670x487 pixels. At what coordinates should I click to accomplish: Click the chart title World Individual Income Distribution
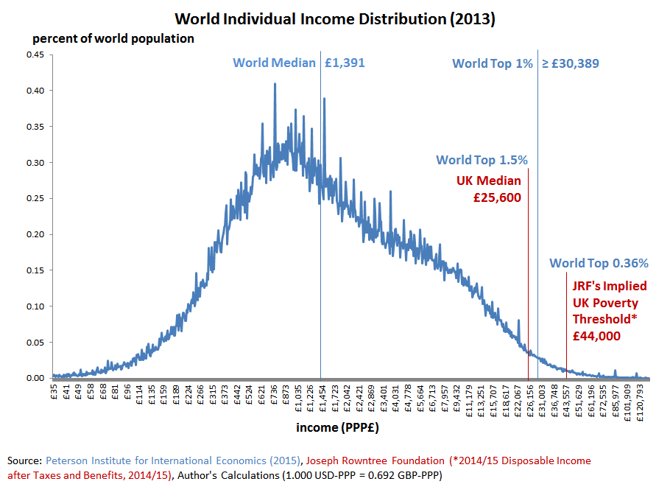[x=334, y=18]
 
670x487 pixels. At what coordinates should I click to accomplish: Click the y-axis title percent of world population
[x=112, y=38]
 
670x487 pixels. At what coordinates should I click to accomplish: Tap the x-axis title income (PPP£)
[x=338, y=427]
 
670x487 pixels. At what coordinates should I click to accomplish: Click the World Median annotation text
[x=275, y=63]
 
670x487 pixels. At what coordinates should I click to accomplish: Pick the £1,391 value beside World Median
[x=345, y=63]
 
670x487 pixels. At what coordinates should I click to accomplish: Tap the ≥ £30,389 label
[x=571, y=63]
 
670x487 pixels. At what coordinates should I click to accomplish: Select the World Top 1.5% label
[x=482, y=160]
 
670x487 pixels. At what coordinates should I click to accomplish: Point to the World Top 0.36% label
[x=599, y=263]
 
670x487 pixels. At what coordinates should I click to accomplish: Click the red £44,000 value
[x=596, y=335]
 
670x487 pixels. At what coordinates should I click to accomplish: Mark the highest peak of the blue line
[x=275, y=84]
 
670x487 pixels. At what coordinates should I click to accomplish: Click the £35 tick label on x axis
[x=54, y=391]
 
